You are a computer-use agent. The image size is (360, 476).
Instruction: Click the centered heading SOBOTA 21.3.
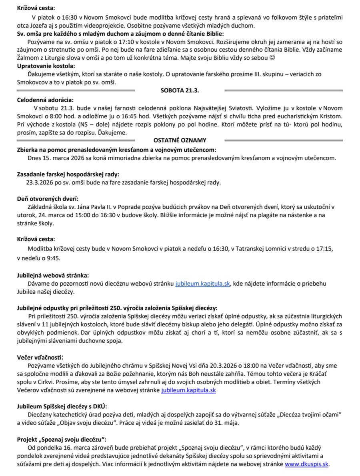[180, 91]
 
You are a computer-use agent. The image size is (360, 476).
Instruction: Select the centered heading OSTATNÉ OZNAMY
[180, 140]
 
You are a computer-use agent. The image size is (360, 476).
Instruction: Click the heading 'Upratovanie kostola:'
[46, 66]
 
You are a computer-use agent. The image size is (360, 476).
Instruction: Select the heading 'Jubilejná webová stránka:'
[53, 276]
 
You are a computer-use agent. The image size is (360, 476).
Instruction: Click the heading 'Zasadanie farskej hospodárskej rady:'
[68, 174]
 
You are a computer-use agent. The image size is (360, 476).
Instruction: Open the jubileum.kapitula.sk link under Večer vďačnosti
[188, 390]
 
